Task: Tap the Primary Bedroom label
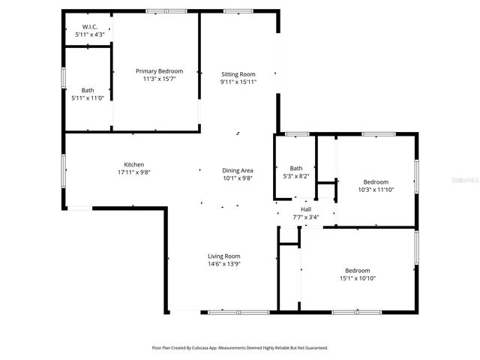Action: click(159, 71)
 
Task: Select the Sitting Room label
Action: click(238, 74)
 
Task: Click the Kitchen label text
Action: click(134, 165)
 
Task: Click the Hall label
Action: click(306, 209)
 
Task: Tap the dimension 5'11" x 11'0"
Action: click(88, 97)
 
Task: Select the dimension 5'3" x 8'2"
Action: click(295, 176)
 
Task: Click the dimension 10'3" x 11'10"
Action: click(376, 190)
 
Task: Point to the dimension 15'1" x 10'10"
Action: click(357, 278)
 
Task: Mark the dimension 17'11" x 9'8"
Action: click(134, 172)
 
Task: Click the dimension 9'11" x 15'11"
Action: click(238, 82)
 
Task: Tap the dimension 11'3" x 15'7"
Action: click(159, 79)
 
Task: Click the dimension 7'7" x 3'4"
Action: click(306, 217)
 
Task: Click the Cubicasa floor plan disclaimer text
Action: click(239, 348)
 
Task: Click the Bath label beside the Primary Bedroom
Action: click(88, 90)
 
